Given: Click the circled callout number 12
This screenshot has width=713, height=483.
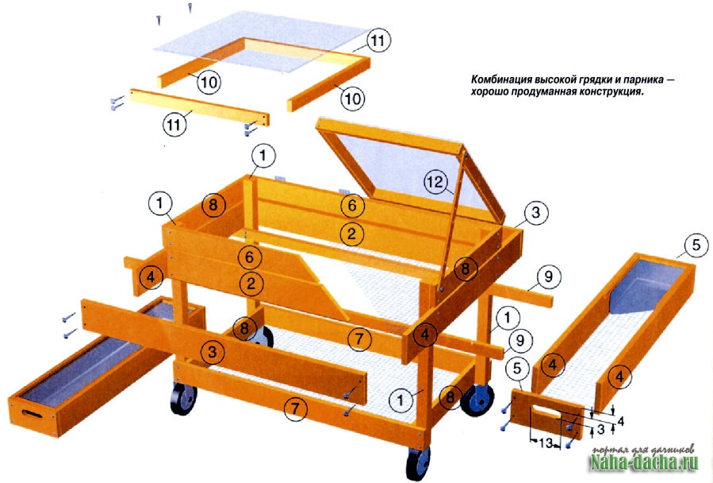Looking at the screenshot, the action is click(x=434, y=182).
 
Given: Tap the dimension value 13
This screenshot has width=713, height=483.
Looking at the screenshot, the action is click(x=545, y=442).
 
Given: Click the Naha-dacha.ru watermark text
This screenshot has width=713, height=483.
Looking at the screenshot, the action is click(x=644, y=463).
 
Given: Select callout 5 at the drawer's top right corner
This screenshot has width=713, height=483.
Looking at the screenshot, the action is click(x=696, y=245).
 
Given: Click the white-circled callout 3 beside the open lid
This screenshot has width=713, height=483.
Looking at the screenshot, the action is click(x=535, y=212).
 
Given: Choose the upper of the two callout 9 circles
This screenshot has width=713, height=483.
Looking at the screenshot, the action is click(x=548, y=276).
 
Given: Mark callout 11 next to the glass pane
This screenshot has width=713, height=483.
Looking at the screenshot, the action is click(x=378, y=41).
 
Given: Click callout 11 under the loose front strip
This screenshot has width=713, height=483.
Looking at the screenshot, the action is click(x=174, y=125).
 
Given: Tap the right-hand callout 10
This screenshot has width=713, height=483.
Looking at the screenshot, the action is click(x=353, y=98).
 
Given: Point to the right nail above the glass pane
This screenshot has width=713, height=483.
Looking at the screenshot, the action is click(x=190, y=8).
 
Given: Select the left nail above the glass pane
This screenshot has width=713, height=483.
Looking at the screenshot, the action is click(x=159, y=20).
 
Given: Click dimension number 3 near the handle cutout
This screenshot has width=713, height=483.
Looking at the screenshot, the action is click(x=600, y=429).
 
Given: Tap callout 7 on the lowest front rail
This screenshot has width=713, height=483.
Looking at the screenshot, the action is click(x=296, y=408).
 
